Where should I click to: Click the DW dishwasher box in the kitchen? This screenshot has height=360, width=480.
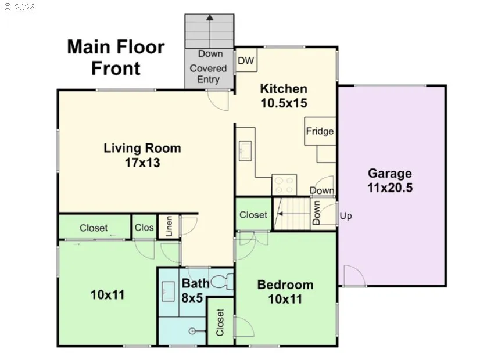pyautogui.click(x=246, y=60)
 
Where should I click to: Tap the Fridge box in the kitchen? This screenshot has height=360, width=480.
pyautogui.click(x=320, y=131)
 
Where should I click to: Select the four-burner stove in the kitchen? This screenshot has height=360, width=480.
pyautogui.click(x=284, y=185)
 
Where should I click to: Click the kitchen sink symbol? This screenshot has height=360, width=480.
pyautogui.click(x=245, y=150)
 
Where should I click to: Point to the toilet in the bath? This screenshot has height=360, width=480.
pyautogui.click(x=223, y=282)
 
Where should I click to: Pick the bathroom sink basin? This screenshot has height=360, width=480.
pyautogui.click(x=168, y=291)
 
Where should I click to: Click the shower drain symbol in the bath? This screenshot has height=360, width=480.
pyautogui.click(x=192, y=331)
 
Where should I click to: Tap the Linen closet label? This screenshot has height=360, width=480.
pyautogui.click(x=169, y=226)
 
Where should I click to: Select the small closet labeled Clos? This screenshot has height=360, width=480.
pyautogui.click(x=144, y=226)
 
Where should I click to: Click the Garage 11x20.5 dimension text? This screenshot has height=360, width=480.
pyautogui.click(x=390, y=188)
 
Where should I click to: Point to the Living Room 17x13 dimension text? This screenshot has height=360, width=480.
pyautogui.click(x=142, y=163)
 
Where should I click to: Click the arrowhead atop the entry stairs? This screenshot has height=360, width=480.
pyautogui.click(x=210, y=17)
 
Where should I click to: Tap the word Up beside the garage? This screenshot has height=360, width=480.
pyautogui.click(x=346, y=216)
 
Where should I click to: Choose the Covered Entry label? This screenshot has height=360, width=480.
pyautogui.click(x=208, y=74)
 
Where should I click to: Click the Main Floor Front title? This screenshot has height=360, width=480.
pyautogui.click(x=116, y=57)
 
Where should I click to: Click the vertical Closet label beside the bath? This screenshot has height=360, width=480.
pyautogui.click(x=220, y=322)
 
